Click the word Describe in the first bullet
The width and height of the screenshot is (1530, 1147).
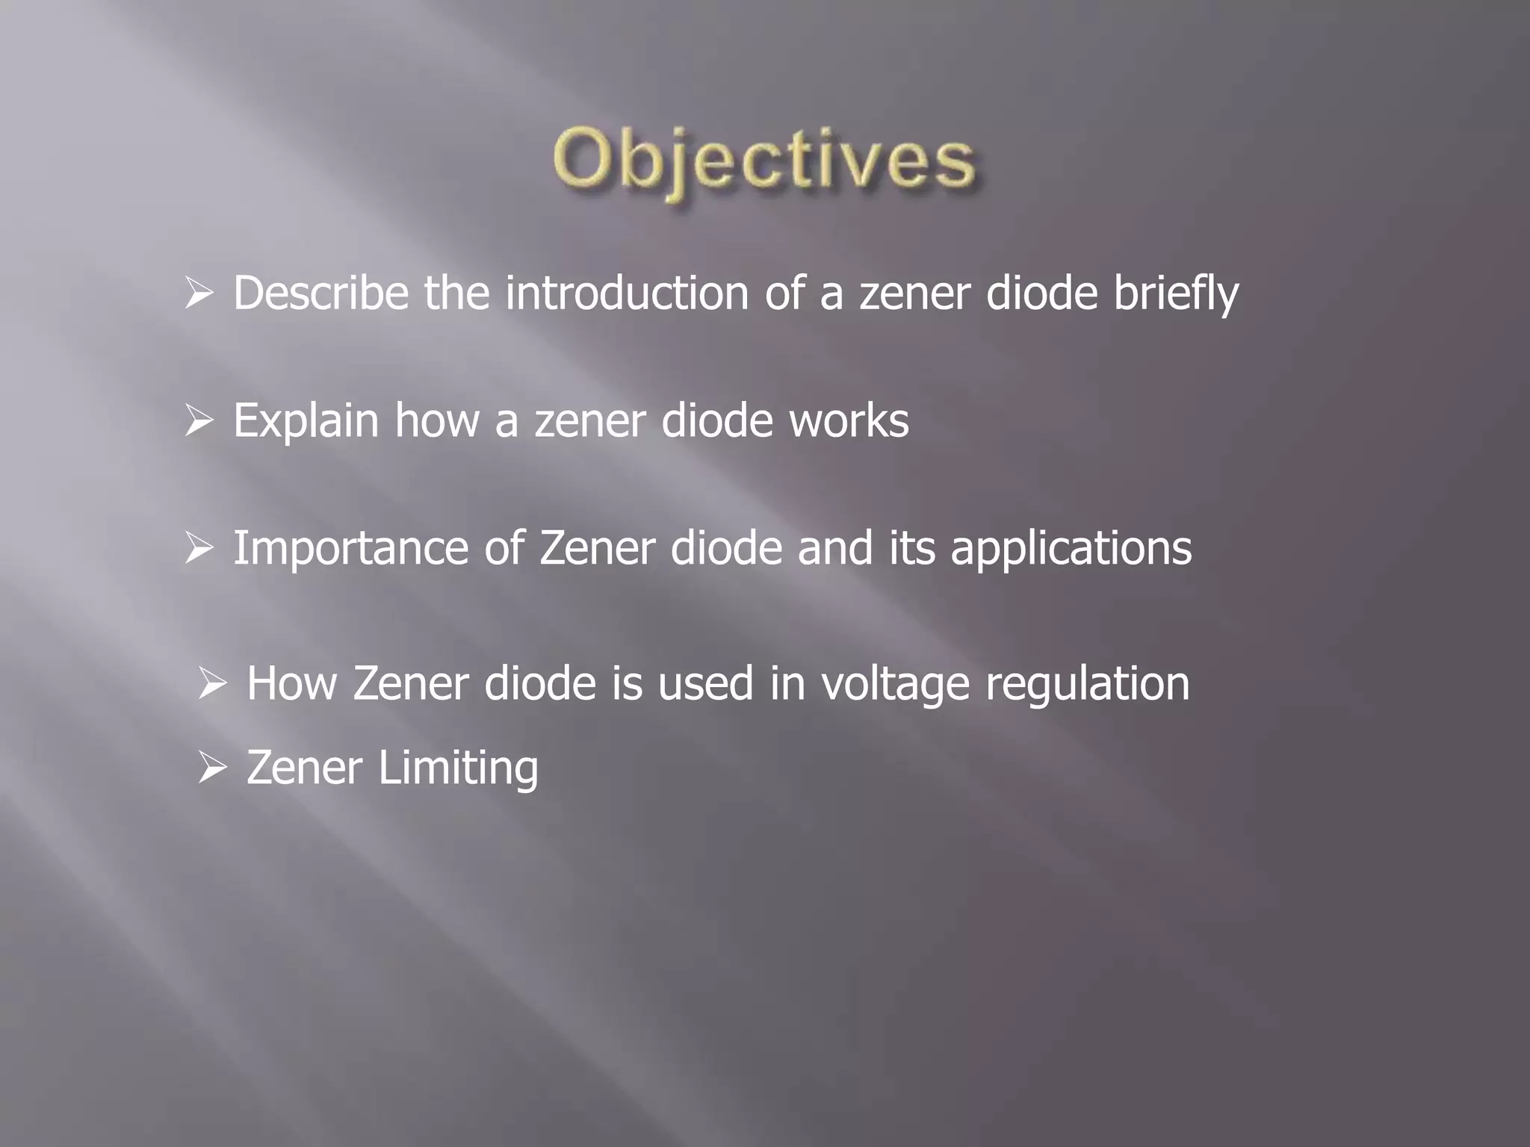320,293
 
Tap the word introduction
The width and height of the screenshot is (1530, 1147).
626,293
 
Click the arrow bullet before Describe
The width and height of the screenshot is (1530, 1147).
199,293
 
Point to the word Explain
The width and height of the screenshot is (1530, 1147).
306,420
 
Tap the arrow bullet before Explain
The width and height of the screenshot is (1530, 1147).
199,421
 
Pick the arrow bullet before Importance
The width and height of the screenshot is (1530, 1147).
199,549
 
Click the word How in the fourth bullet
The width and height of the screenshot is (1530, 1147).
291,683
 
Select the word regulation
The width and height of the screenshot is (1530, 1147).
1087,685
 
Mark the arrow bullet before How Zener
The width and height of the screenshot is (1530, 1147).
213,683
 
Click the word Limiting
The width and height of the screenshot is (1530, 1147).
458,768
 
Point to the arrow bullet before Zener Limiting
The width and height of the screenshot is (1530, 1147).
213,768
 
